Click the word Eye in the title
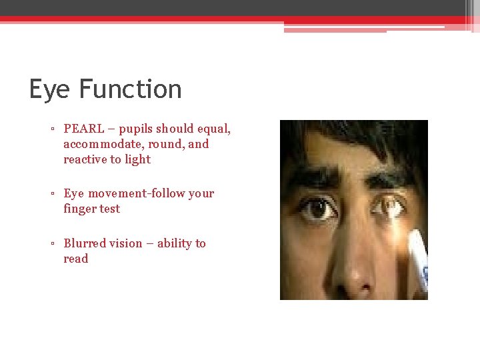(x=50, y=89)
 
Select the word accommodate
(x=103, y=144)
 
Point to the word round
(x=168, y=144)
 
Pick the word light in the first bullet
(x=137, y=159)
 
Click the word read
(x=75, y=259)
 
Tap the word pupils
(x=137, y=129)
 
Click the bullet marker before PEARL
(x=52, y=129)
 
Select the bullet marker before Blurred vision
(x=52, y=244)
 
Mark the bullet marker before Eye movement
(x=52, y=194)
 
